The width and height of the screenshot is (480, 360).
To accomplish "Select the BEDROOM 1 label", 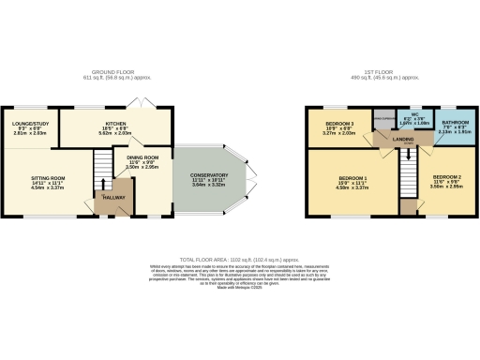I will coord(352,177).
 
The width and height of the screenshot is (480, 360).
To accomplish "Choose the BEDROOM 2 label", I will coord(446,177).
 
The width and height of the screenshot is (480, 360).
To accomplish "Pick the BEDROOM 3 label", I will coord(339,124).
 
